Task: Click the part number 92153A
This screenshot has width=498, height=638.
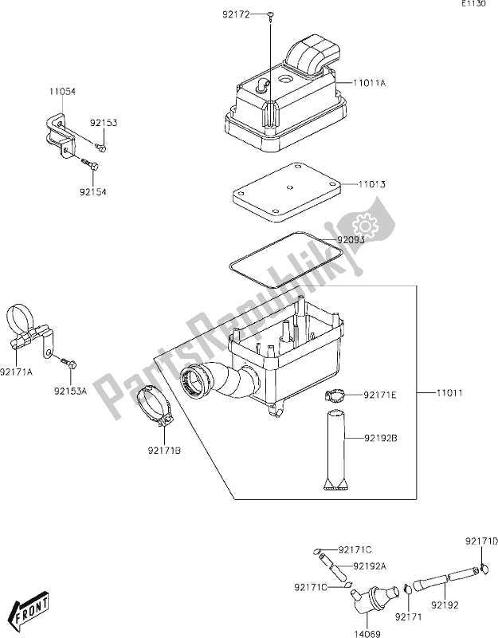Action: point(72,391)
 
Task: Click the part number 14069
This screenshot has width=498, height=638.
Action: point(368,628)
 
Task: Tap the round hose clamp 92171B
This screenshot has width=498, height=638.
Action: point(159,407)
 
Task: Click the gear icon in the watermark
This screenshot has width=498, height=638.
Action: point(367,226)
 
